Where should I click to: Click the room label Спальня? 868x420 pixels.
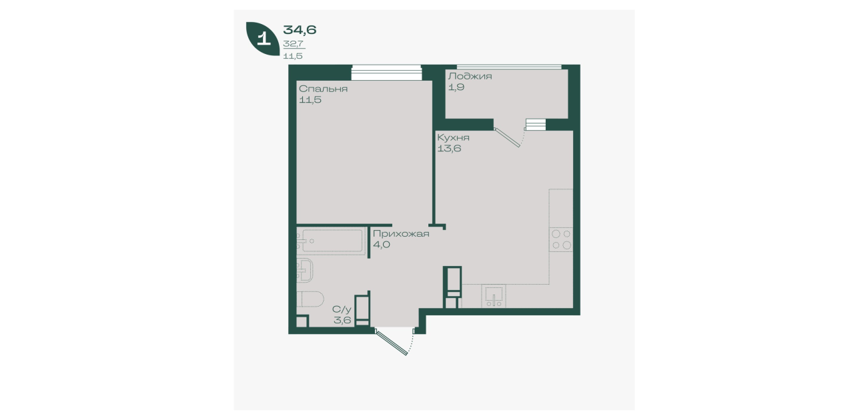[x=323, y=89]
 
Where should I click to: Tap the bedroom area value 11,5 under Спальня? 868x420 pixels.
[x=310, y=100]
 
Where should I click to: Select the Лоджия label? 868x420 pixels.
[x=470, y=76]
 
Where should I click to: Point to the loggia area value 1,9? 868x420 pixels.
[x=456, y=87]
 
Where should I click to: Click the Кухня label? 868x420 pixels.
[x=454, y=137]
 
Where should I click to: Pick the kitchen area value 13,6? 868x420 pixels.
[x=449, y=148]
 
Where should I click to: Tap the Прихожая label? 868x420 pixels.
[x=401, y=234]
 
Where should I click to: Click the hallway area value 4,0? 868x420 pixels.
[x=382, y=245]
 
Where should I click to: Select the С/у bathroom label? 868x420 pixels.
[x=342, y=309]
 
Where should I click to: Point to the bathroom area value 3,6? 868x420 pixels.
[x=342, y=320]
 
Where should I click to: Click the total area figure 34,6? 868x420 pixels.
[x=300, y=29]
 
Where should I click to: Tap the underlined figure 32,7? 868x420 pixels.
[x=294, y=44]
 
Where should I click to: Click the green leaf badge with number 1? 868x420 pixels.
[x=263, y=38]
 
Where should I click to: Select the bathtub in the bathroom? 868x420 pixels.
[x=332, y=241]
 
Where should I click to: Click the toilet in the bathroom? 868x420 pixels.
[x=310, y=299]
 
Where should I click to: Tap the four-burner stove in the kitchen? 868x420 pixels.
[x=560, y=239]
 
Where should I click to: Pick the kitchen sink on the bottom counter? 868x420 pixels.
[x=494, y=297]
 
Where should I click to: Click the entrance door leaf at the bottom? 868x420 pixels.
[x=392, y=342]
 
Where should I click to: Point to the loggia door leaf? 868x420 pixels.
[x=507, y=138]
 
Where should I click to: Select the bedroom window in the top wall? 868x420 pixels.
[x=386, y=73]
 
